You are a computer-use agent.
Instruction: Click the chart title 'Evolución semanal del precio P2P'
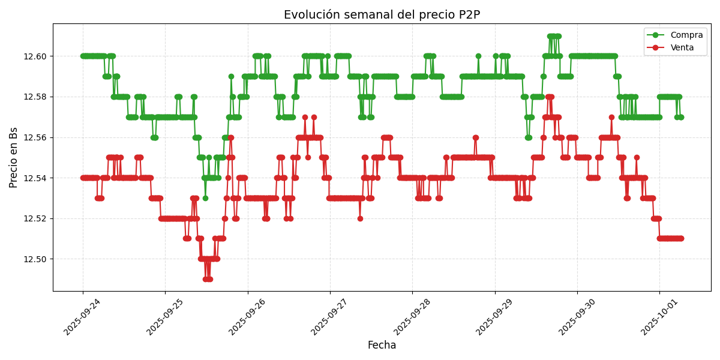pyautogui.click(x=382, y=15)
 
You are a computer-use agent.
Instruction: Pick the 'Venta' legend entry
pyautogui.click(x=682, y=47)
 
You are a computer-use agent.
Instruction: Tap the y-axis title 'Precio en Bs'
pyautogui.click(x=14, y=157)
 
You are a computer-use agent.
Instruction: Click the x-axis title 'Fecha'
pyautogui.click(x=382, y=346)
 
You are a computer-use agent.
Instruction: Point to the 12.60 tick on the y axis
pyautogui.click(x=35, y=56)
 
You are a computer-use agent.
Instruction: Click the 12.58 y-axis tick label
pyautogui.click(x=35, y=97)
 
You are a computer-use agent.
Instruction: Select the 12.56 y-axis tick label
pyautogui.click(x=35, y=137)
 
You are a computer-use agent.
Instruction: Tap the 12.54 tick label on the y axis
pyautogui.click(x=35, y=178)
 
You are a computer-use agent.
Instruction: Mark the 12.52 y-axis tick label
pyautogui.click(x=35, y=218)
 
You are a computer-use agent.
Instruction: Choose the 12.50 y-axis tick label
pyautogui.click(x=35, y=259)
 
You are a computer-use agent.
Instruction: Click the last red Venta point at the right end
pyautogui.click(x=681, y=238)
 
